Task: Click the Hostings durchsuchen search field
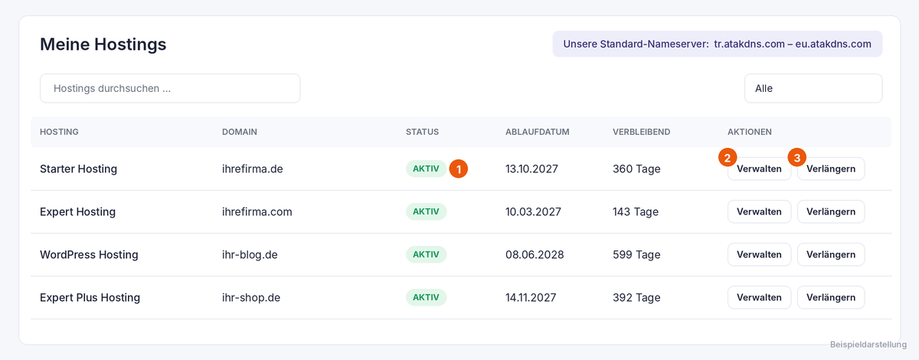(x=170, y=88)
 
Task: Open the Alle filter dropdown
(x=813, y=88)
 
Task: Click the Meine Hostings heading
(x=103, y=44)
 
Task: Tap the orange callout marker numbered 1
(x=458, y=169)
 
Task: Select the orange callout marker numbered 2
(x=728, y=158)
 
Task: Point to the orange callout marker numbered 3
(x=796, y=158)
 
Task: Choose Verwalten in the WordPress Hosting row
(x=760, y=254)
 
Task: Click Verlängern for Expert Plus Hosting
(x=831, y=297)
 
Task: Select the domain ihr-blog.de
(x=250, y=254)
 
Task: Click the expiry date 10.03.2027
(x=533, y=212)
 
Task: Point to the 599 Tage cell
(x=636, y=255)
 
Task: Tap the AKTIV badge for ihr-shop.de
(x=426, y=297)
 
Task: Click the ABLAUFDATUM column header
(x=537, y=132)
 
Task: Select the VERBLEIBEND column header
(x=641, y=132)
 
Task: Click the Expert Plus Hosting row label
(x=90, y=298)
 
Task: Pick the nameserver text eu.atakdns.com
(x=833, y=44)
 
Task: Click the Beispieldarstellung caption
(x=868, y=345)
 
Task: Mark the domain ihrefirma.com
(x=257, y=212)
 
